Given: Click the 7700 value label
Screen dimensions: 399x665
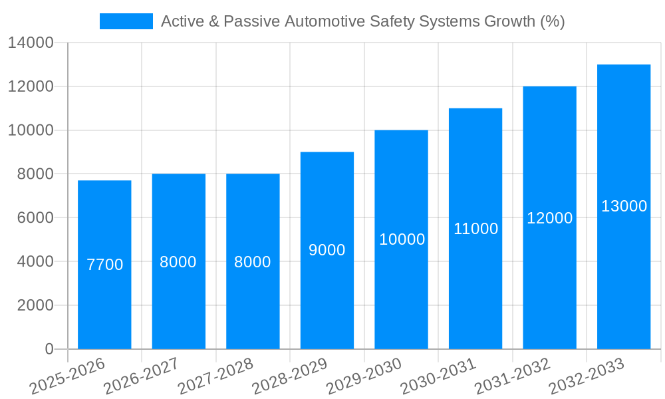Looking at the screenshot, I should (x=105, y=265).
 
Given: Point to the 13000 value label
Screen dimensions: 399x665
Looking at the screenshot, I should (x=624, y=206).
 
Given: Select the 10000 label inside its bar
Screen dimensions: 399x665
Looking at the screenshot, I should (x=402, y=239).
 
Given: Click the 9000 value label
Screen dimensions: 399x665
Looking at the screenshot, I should (x=327, y=250).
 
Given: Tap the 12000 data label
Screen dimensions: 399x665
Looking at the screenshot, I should (x=549, y=218).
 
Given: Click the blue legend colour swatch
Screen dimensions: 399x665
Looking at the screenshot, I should (x=126, y=21).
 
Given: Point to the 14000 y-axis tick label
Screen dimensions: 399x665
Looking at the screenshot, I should (x=31, y=43).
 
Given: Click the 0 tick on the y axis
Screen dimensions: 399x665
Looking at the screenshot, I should (x=49, y=349).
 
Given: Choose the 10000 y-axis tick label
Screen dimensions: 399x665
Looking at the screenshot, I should (x=31, y=130).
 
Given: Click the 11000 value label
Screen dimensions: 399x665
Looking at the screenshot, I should (x=475, y=229).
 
